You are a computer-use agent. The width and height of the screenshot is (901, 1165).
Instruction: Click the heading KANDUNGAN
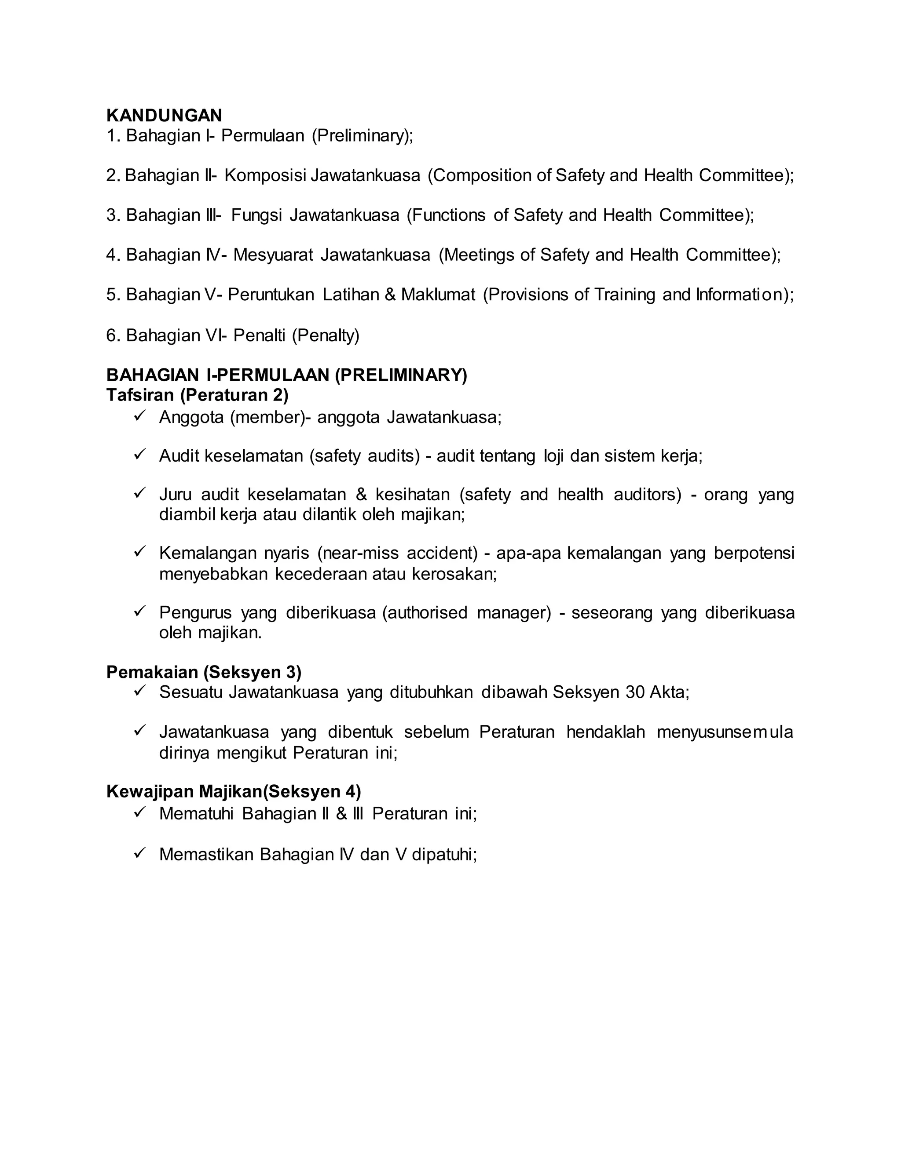click(x=165, y=115)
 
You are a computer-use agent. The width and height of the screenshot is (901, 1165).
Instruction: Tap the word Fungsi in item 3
click(x=256, y=215)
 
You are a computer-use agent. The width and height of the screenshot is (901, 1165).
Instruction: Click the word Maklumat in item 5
click(x=438, y=295)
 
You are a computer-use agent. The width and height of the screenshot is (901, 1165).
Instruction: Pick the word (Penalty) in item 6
click(x=326, y=335)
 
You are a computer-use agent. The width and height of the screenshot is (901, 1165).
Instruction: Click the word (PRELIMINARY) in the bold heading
click(x=401, y=375)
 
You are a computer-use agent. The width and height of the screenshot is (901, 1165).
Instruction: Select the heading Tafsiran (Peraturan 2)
click(x=197, y=395)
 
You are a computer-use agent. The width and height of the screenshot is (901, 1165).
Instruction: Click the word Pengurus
click(x=195, y=612)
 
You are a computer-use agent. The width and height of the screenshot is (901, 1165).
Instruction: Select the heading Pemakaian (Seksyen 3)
click(x=204, y=672)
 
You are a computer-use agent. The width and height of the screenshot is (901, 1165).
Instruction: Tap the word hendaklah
click(x=606, y=732)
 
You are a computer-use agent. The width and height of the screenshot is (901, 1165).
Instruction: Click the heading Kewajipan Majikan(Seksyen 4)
click(x=233, y=792)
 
